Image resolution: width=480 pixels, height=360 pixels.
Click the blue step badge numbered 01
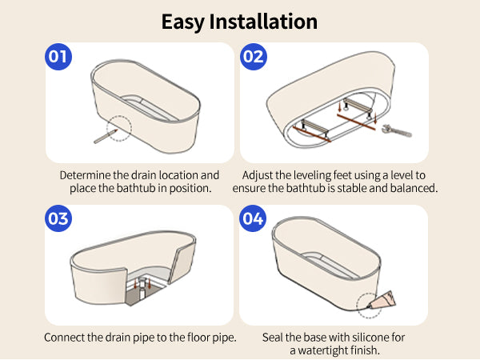pyautogui.click(x=58, y=57)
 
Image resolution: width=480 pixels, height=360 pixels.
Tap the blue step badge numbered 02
pyautogui.click(x=253, y=57)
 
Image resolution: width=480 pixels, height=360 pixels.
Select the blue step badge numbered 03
pyautogui.click(x=58, y=218)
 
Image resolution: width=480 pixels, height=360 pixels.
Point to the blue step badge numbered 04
pyautogui.click(x=253, y=218)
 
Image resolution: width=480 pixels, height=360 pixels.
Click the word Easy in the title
pyautogui.click(x=182, y=22)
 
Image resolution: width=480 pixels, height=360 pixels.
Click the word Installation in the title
pyautogui.click(x=263, y=22)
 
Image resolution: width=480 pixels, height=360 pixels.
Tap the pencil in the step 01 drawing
pyautogui.click(x=106, y=136)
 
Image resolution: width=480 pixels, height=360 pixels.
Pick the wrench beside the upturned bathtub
pyautogui.click(x=397, y=130)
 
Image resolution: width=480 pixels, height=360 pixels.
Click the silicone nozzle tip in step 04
pyautogui.click(x=370, y=306)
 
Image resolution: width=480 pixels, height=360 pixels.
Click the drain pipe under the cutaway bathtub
pyautogui.click(x=142, y=289)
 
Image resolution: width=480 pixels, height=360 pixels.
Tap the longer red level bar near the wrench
pyautogui.click(x=356, y=122)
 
